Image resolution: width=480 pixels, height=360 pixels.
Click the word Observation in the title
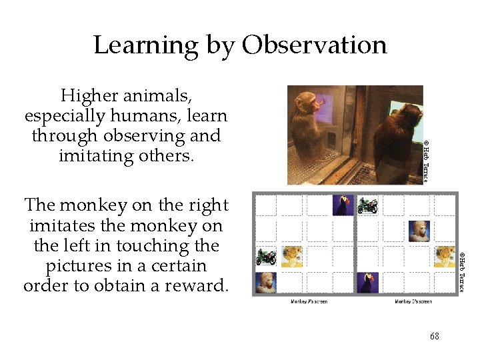[x=314, y=45]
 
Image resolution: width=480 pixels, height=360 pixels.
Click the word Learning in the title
[x=145, y=45]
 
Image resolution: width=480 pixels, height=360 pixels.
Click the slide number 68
[x=434, y=337]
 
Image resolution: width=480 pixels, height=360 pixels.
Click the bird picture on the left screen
[x=343, y=205]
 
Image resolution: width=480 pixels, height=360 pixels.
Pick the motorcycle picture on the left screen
[x=267, y=257]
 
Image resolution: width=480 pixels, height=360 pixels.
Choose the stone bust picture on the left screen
[x=267, y=282]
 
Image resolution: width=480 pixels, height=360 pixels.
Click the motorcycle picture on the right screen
[x=367, y=205]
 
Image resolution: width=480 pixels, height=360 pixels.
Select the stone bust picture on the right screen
[x=419, y=231]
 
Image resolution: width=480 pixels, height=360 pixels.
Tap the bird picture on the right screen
[x=367, y=282]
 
